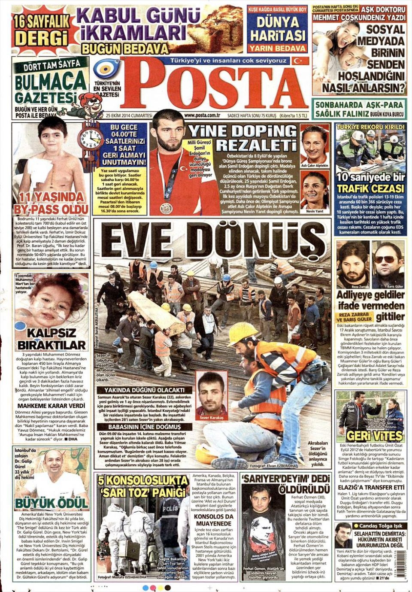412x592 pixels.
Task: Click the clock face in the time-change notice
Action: tap(91, 138)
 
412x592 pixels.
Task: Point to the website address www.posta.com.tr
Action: tap(202, 115)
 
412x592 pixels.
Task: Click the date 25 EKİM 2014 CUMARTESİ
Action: tap(129, 115)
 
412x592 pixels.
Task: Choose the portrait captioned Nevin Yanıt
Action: tap(315, 191)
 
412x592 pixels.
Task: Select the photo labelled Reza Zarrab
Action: tap(353, 264)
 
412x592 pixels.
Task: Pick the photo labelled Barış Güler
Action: tap(388, 264)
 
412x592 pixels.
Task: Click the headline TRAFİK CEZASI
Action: tap(370, 188)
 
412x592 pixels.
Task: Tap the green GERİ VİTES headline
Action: tap(370, 436)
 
